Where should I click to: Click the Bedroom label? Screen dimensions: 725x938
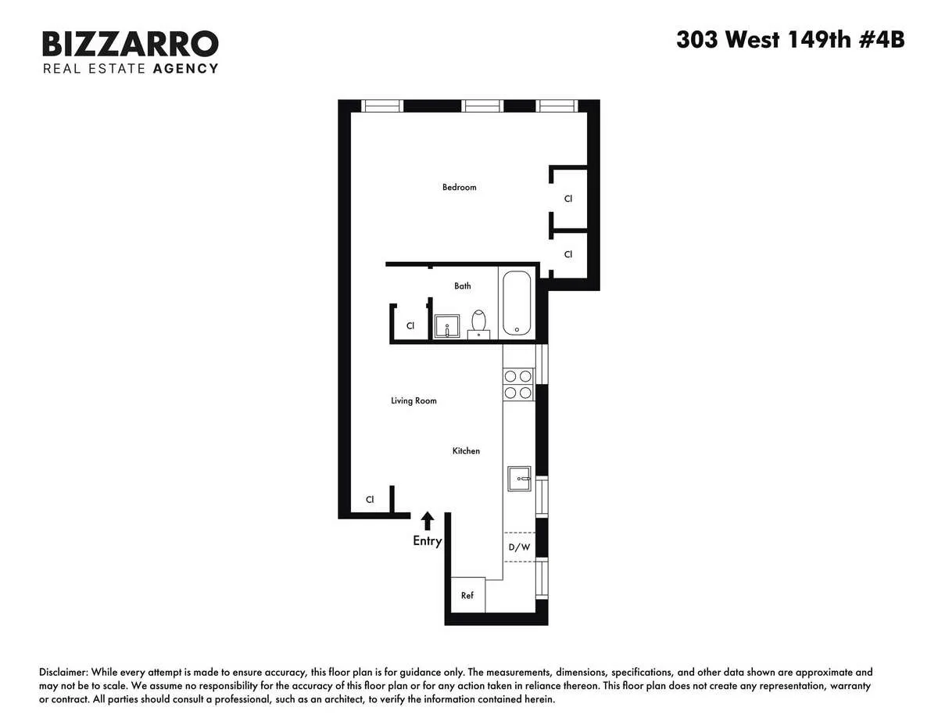pos(459,187)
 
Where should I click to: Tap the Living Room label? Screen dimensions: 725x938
pos(414,400)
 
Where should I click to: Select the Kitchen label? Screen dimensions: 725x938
pos(466,450)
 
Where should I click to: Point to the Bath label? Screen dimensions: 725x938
pos(463,285)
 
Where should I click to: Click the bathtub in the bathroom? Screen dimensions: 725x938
pos(516,303)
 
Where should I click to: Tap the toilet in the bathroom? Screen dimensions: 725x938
pos(479,323)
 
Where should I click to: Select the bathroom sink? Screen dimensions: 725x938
pos(446,326)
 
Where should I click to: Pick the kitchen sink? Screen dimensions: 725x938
pos(519,478)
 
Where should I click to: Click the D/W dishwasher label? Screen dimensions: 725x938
pos(519,547)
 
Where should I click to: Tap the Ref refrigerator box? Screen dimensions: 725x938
pos(467,595)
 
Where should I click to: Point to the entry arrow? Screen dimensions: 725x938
pos(428,521)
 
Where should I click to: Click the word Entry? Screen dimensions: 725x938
pos(428,541)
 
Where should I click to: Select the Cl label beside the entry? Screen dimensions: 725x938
pos(370,499)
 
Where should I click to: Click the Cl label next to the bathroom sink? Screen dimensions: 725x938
pos(410,325)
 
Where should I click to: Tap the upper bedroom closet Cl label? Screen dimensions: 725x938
pos(568,199)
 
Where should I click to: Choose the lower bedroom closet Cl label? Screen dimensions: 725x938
pos(568,254)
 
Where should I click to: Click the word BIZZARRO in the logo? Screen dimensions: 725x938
pos(130,44)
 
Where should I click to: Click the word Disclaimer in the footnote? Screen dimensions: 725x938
pos(63,673)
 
